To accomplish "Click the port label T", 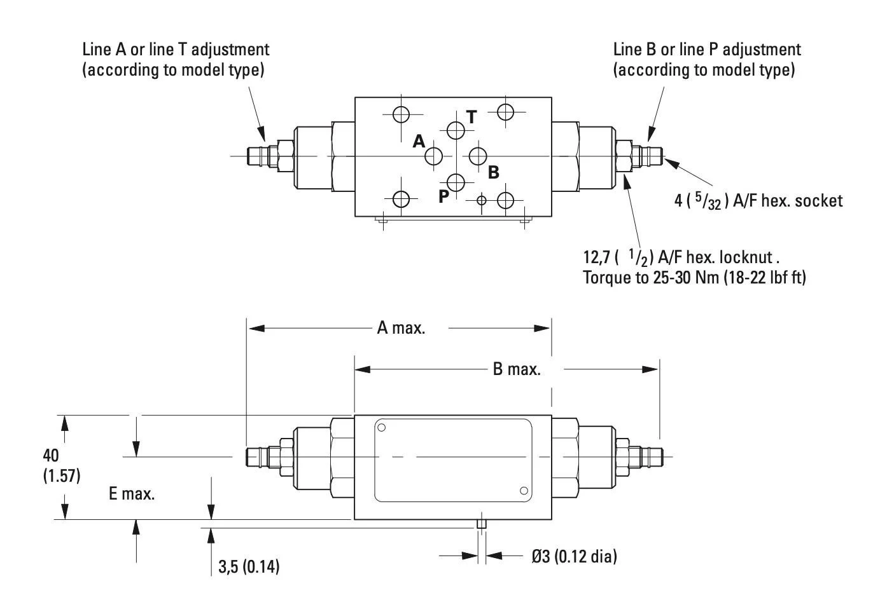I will [x=471, y=117].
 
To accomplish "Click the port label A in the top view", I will [x=419, y=141].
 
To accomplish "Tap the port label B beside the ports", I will [x=493, y=172].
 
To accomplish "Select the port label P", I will [x=443, y=196].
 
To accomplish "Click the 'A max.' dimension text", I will [x=401, y=328].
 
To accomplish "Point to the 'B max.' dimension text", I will [x=517, y=369].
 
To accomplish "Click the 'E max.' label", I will [x=132, y=494].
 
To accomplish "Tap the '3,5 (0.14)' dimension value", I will [x=249, y=567].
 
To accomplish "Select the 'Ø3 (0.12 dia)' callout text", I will [x=575, y=557].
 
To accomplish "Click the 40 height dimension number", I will [x=51, y=455].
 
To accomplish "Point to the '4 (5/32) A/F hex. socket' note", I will [x=758, y=201].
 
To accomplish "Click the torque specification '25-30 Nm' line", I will [x=694, y=278].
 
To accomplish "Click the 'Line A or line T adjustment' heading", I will [x=176, y=50].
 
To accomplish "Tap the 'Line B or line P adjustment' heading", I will [x=707, y=50].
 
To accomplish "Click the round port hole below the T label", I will [x=456, y=130].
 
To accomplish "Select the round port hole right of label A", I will [x=435, y=155].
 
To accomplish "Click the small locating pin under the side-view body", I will [x=482, y=524].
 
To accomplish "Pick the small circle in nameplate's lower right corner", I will [x=524, y=490].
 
